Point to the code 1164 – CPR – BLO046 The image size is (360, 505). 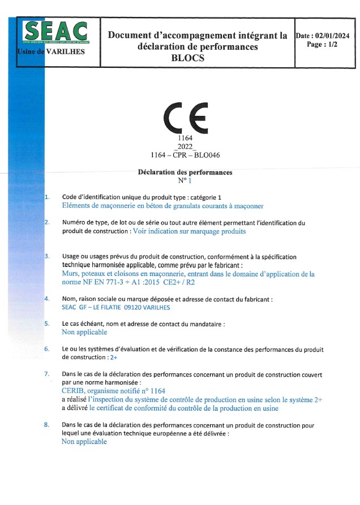click(185, 154)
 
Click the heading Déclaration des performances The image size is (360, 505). click(185, 172)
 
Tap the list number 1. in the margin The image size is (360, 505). click(47, 197)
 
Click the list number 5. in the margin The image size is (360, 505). click(47, 324)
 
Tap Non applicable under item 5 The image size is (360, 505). click(84, 333)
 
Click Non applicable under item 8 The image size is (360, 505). click(84, 442)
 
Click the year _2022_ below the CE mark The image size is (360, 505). click(185, 146)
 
